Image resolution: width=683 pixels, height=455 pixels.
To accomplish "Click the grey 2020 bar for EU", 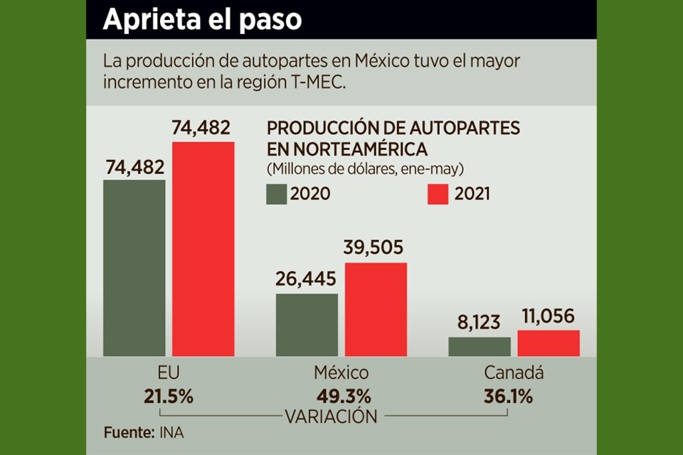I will (134, 267).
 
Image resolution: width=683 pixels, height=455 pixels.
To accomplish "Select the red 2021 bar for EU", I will (203, 249).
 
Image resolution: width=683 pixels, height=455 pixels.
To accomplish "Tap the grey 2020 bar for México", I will (307, 324).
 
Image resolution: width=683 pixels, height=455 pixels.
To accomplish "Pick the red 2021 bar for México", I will (376, 309).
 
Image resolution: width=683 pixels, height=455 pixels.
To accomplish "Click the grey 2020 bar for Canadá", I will (479, 346).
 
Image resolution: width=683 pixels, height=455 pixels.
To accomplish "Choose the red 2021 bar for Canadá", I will (548, 343).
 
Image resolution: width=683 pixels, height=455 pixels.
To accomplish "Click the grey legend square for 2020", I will (276, 194).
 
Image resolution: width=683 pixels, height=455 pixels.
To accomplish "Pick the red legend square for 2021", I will (438, 194).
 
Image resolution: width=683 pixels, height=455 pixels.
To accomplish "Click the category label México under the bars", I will (341, 373).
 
